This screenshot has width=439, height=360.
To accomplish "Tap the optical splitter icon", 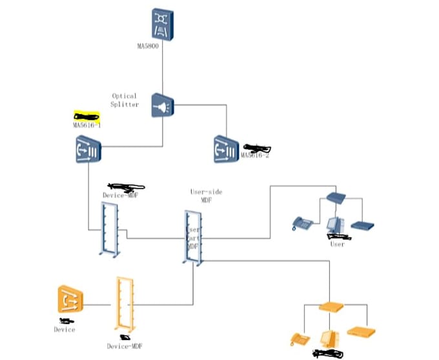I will [162, 105].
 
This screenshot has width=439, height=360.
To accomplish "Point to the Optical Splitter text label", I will [125, 100].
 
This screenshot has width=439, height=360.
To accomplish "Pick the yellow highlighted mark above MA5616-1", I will [87, 116].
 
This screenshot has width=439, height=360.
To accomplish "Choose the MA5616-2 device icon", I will [227, 149].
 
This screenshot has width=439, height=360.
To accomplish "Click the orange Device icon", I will [70, 299].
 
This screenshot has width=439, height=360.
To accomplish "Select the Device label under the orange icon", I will [64, 330].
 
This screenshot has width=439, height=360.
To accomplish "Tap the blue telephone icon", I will [302, 223].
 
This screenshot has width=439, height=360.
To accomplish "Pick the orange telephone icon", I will [299, 339].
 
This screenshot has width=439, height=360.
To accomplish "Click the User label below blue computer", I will [337, 244].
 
